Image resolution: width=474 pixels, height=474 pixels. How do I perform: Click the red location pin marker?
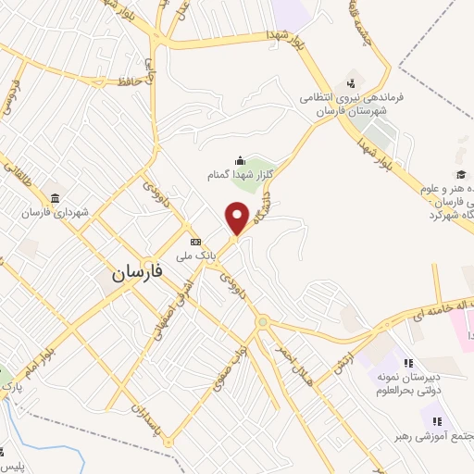(238, 218)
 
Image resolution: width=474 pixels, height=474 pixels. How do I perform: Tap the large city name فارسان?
(137, 273)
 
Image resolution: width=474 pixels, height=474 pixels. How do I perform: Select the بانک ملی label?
(197, 251)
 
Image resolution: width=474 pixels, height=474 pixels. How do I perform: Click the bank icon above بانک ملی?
(195, 239)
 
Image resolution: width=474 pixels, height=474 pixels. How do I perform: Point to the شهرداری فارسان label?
(57, 212)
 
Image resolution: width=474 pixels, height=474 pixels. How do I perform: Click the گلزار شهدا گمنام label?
(240, 173)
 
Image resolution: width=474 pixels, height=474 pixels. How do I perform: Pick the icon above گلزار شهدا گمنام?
(240, 159)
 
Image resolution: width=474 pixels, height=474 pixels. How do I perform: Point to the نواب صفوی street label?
(225, 368)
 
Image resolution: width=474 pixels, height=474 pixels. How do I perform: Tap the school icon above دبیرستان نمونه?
(408, 364)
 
